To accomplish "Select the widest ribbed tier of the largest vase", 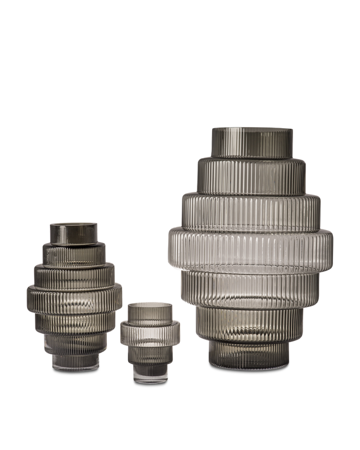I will tap(250, 249).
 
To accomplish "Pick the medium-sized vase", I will tap(74, 295).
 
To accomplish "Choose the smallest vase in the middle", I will tap(150, 340).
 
